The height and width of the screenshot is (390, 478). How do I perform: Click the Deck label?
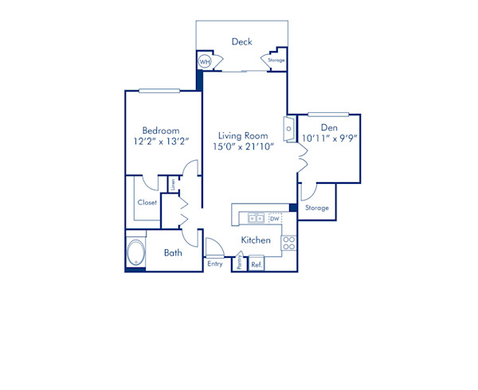click(241, 41)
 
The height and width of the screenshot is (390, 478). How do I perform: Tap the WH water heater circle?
click(205, 61)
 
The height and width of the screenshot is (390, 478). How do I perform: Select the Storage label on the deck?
click(276, 60)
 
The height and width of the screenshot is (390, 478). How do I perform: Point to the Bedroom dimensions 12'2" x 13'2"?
click(160, 142)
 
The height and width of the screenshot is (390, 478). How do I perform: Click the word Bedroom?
click(160, 131)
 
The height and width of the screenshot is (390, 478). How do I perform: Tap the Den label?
click(329, 127)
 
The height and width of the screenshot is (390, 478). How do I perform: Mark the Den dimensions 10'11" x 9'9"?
click(330, 138)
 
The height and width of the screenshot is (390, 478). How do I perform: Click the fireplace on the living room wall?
click(288, 128)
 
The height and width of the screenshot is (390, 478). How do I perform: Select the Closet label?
click(147, 202)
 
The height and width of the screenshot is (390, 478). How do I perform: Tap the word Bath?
click(173, 253)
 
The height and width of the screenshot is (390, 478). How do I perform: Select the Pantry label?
click(239, 263)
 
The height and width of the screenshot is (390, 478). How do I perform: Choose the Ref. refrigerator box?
click(257, 263)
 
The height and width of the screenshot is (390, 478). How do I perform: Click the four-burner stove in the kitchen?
click(289, 244)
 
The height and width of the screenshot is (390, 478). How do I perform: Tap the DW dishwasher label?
click(274, 218)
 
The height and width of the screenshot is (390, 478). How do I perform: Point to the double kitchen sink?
click(256, 217)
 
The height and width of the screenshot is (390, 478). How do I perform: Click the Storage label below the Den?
click(317, 208)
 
